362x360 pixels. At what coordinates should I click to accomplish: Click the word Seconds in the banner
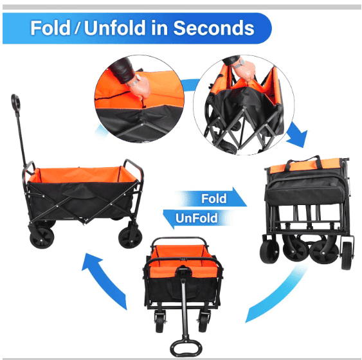pos(213,28)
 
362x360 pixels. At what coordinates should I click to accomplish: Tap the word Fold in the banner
pos(50,28)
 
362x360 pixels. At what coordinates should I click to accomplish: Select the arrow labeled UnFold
pos(196,218)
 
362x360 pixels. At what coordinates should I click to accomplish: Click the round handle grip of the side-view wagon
pos(15,102)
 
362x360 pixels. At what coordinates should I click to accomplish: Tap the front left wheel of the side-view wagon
pos(42,238)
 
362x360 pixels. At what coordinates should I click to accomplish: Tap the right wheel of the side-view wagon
pos(131,238)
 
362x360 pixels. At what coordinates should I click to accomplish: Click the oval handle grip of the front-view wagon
pos(186,348)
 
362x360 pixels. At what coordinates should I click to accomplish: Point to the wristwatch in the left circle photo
pos(134,81)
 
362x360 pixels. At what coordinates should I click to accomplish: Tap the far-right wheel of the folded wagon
pos(347,256)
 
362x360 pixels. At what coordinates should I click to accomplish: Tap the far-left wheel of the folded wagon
pos(269,251)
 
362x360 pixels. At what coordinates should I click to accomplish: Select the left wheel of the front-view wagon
pos(160,322)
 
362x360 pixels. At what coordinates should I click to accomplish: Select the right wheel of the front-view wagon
pos(204,322)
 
